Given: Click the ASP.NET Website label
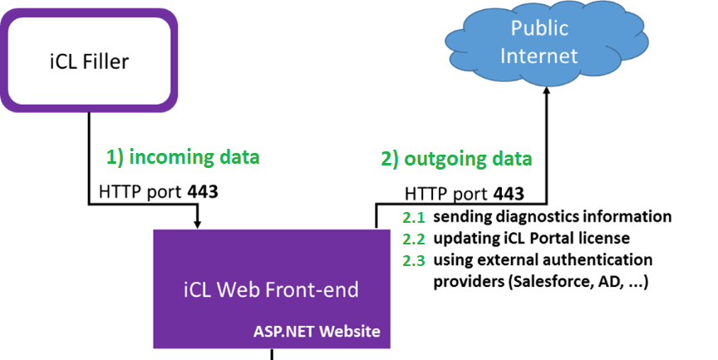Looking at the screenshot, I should click(317, 331).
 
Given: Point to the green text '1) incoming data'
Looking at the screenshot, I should click(183, 156).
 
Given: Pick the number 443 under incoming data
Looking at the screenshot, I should click(203, 192).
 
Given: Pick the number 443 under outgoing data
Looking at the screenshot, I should click(509, 194).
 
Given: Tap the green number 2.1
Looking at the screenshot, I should click(414, 218).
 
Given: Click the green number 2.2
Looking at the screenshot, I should click(414, 239).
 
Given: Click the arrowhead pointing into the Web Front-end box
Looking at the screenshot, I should click(198, 223).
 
